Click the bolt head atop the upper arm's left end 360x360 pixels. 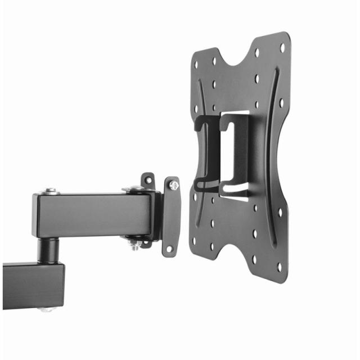point(51,191)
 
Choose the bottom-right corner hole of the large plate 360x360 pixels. point(278,267)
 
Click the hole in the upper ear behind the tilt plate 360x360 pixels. point(148,180)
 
